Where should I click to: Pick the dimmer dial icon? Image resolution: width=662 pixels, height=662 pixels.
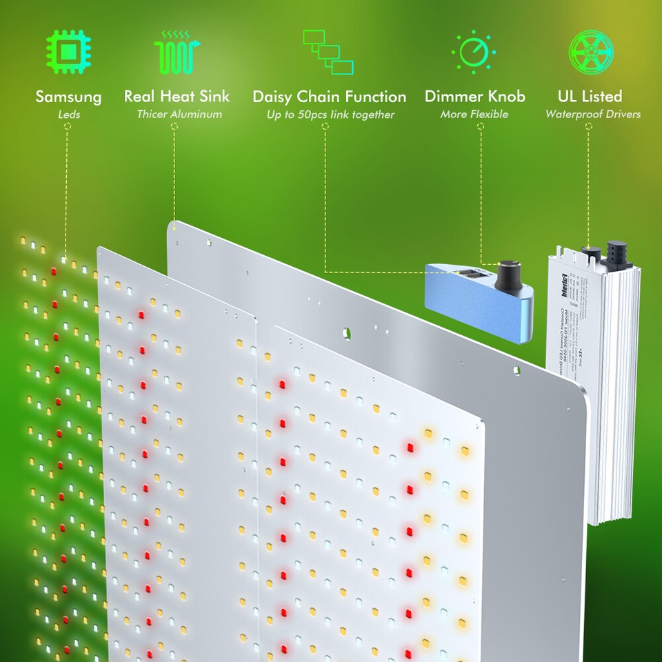[x=474, y=52]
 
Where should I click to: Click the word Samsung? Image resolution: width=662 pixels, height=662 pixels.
[x=68, y=97]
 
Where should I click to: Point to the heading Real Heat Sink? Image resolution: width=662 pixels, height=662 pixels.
[x=177, y=96]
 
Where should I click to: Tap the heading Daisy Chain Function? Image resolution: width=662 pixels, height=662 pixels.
[x=329, y=97]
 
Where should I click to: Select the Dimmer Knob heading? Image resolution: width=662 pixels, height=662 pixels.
[x=474, y=96]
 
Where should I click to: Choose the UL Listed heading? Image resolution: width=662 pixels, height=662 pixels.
[x=590, y=96]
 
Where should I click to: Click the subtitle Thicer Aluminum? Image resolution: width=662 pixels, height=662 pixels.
[x=179, y=114]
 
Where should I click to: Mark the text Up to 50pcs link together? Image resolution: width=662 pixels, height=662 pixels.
[x=330, y=114]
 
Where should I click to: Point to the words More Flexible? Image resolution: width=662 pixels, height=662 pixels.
[x=474, y=114]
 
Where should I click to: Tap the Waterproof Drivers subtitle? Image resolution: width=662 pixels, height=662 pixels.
[x=592, y=114]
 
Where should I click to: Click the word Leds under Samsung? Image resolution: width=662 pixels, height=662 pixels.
[x=69, y=114]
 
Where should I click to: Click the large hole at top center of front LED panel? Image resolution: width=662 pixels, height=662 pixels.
[x=345, y=333]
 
